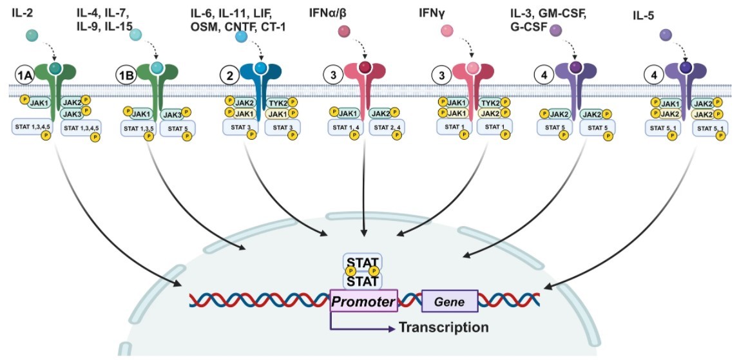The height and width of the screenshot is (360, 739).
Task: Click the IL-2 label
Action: pyautogui.click(x=24, y=12)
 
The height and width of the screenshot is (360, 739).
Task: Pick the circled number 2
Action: pyautogui.click(x=229, y=75)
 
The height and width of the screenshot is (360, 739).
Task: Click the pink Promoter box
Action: pyautogui.click(x=363, y=301)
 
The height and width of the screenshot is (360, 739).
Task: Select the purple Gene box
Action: pyautogui.click(x=450, y=301)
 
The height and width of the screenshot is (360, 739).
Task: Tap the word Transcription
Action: pyautogui.click(x=443, y=327)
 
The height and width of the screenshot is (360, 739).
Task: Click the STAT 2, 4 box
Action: pyautogui.click(x=387, y=128)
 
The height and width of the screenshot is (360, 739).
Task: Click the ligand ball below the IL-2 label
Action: pyautogui.click(x=34, y=37)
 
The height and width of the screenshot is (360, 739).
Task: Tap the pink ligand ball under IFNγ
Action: pyautogui.click(x=447, y=31)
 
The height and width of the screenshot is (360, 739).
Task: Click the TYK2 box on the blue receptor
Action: pyautogui.click(x=278, y=102)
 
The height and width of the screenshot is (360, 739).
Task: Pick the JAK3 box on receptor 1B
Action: pyautogui.click(x=172, y=114)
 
